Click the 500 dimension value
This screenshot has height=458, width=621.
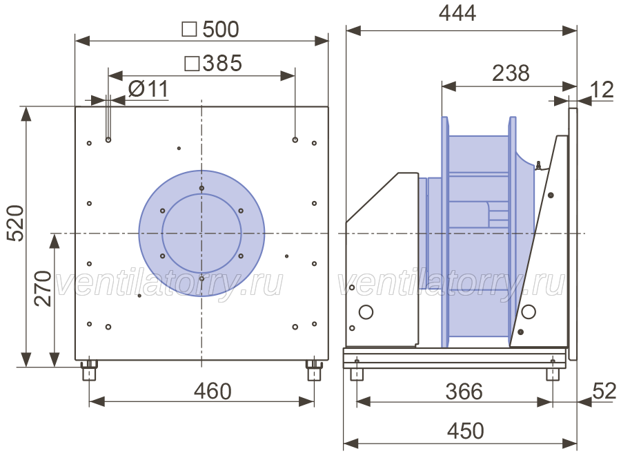click(x=221, y=29)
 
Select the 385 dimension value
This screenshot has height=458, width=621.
click(x=222, y=64)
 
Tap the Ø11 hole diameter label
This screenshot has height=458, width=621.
click(x=148, y=88)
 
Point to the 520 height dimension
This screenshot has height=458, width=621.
click(x=17, y=223)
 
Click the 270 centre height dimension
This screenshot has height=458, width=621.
click(x=43, y=288)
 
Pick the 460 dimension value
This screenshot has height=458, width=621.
click(x=213, y=392)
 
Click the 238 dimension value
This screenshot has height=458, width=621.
click(x=511, y=73)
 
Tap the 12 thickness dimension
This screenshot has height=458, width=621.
click(x=602, y=90)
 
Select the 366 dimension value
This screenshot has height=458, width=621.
click(x=464, y=392)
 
